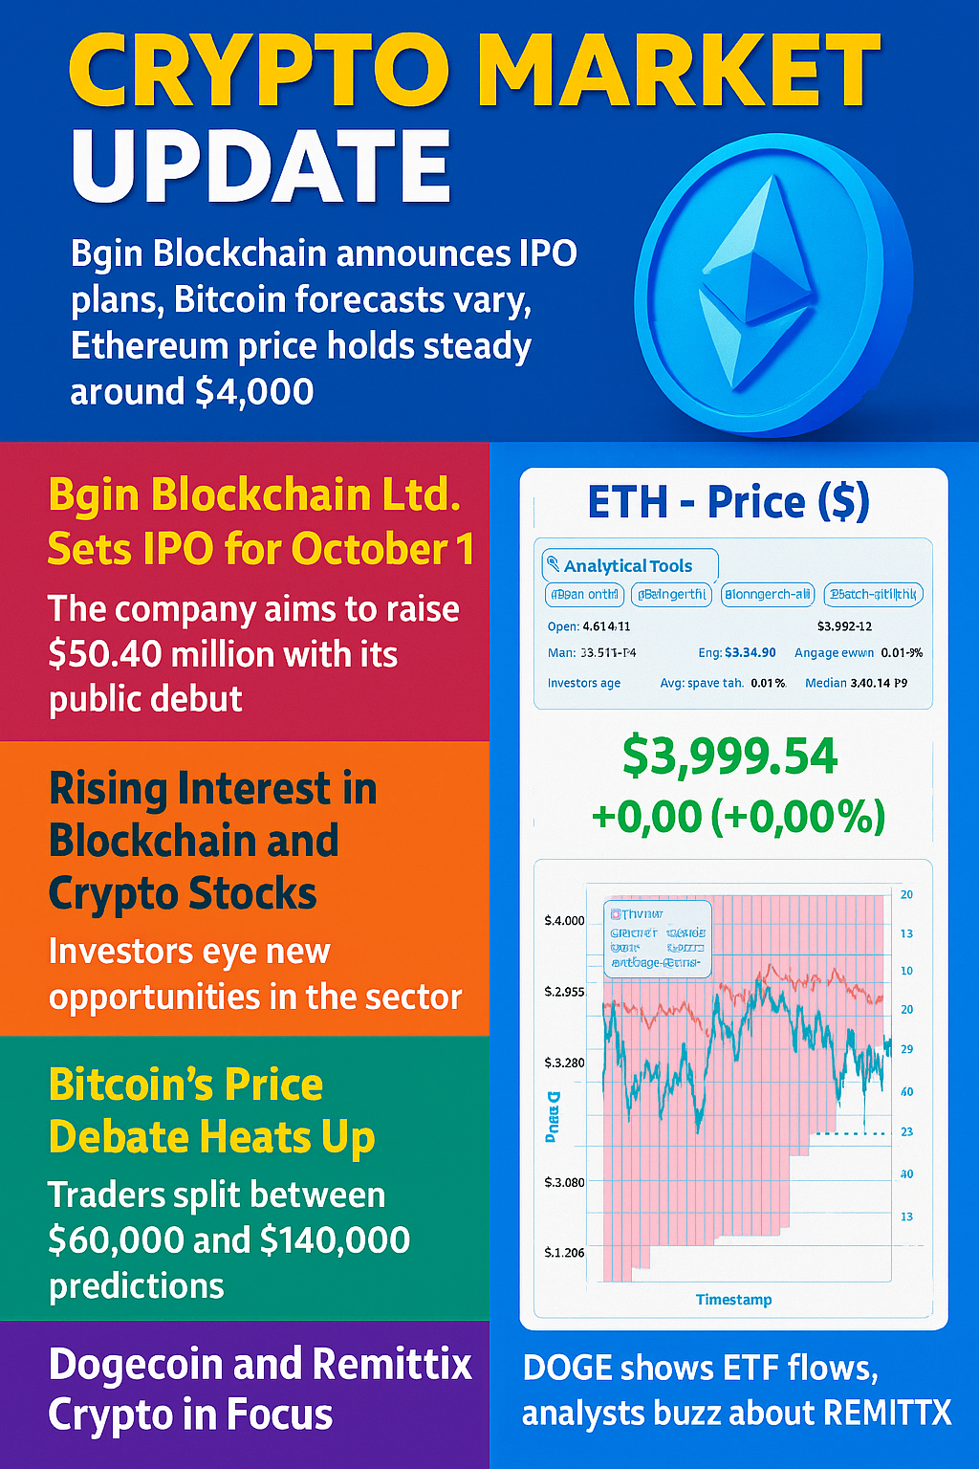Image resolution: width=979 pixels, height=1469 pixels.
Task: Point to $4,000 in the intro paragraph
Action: point(253,392)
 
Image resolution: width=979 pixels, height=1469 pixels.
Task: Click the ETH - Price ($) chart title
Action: point(729,502)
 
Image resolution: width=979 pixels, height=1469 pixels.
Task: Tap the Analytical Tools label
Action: point(627,566)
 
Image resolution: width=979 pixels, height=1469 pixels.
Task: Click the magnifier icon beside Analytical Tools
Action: point(553,564)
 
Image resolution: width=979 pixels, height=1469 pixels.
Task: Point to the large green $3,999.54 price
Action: point(729,756)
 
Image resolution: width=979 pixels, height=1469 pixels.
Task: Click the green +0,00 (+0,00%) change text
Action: point(738,817)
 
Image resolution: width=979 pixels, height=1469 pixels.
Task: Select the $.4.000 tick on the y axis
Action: point(564,921)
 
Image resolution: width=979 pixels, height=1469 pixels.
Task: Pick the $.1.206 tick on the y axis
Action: point(564,1253)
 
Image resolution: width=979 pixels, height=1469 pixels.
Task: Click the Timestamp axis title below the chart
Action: point(733,1300)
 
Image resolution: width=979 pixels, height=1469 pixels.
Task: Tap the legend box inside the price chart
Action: point(659,938)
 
